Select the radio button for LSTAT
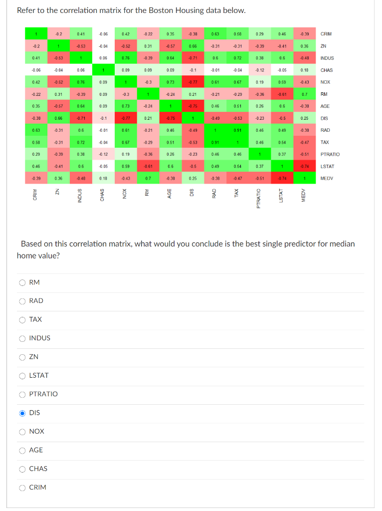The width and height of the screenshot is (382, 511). point(22,375)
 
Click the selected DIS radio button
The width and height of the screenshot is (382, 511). point(22,413)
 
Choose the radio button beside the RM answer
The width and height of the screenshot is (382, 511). point(22,282)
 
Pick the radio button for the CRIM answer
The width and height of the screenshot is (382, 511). point(22,487)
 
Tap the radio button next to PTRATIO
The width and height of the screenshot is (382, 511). point(22,394)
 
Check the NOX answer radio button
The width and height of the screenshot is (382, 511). point(22,431)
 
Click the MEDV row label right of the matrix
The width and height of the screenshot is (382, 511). point(327,178)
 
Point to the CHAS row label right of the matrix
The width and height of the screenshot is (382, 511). point(327,70)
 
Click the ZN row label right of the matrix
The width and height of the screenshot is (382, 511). point(323,46)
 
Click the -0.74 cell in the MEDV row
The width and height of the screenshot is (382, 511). point(282,178)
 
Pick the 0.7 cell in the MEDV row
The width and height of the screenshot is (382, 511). point(148,178)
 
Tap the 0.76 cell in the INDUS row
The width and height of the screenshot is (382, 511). point(126,58)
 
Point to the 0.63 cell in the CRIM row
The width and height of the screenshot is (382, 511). point(215,34)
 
